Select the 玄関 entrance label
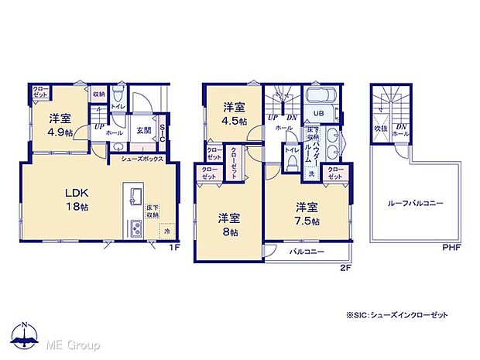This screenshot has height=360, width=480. pyautogui.click(x=144, y=129)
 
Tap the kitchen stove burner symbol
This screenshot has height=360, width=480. pyautogui.click(x=133, y=228)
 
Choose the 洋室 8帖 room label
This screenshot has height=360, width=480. pyautogui.click(x=227, y=222)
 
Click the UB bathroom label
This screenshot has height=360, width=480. pyautogui.click(x=317, y=113)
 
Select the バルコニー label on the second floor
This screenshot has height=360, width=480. pyautogui.click(x=307, y=252)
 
